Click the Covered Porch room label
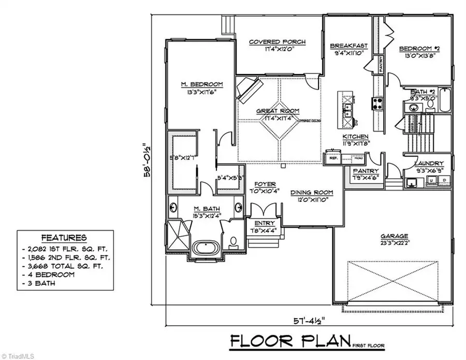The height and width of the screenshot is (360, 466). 277,42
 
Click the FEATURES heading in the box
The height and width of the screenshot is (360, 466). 64,238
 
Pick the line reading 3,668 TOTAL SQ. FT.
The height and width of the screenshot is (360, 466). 66,266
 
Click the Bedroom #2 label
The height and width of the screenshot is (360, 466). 419,49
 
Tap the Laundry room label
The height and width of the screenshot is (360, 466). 427,162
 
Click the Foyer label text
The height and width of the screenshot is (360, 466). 265,184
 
